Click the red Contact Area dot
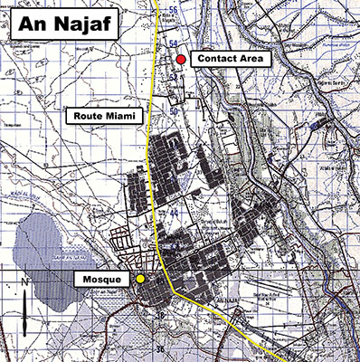point(181,60)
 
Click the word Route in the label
point(89,117)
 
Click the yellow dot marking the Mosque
point(140,280)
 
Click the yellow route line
point(151,181)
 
